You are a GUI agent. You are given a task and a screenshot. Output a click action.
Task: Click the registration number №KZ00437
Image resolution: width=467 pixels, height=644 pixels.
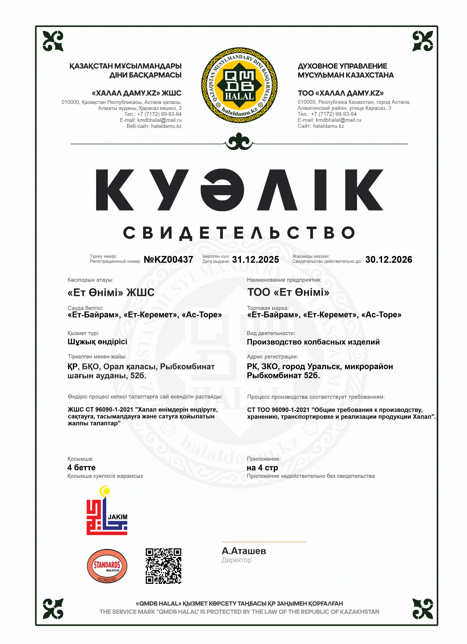(169, 259)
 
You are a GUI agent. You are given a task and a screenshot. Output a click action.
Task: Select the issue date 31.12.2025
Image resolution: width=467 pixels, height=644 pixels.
(255, 259)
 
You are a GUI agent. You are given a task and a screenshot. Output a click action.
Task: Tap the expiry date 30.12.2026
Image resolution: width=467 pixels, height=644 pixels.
(388, 259)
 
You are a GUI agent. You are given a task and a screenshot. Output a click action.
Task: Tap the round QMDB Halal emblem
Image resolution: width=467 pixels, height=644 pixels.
(239, 85)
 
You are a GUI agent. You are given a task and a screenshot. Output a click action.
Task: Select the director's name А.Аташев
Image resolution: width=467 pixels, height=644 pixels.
(244, 551)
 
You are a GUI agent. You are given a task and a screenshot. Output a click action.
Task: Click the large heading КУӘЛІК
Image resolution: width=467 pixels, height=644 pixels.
(239, 190)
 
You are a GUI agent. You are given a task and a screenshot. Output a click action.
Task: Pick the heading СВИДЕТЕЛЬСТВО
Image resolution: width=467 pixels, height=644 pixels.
(239, 233)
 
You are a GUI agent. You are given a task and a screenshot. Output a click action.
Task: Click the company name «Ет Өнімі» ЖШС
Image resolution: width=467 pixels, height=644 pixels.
(111, 292)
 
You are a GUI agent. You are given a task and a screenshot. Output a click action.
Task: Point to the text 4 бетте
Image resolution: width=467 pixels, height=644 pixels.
(81, 467)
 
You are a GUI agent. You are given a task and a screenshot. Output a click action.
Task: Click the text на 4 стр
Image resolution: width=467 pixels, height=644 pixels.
(262, 467)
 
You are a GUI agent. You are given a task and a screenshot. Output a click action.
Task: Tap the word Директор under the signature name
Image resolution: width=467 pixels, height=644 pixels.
(236, 560)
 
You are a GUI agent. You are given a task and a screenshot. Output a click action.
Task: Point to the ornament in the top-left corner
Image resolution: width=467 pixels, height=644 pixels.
(53, 41)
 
